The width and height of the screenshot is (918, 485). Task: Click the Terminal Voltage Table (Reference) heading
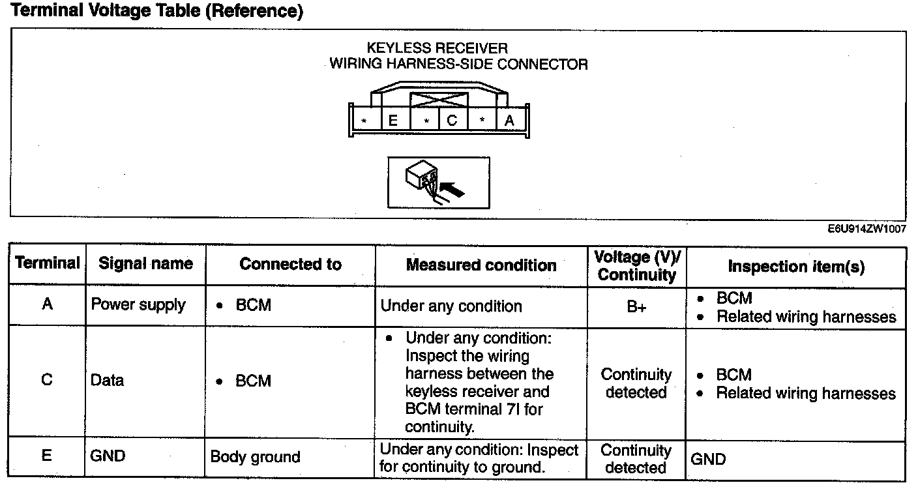pyautogui.click(x=157, y=12)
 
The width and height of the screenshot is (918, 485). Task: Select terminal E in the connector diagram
pyautogui.click(x=393, y=121)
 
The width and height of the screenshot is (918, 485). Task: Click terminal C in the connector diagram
pyautogui.click(x=452, y=121)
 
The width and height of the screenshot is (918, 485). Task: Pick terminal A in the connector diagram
pyautogui.click(x=509, y=121)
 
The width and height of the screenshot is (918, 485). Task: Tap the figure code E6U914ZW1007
pyautogui.click(x=866, y=229)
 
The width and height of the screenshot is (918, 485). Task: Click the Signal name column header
pyautogui.click(x=145, y=264)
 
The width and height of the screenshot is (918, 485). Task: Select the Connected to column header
pyautogui.click(x=290, y=264)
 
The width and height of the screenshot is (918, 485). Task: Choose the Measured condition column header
pyautogui.click(x=481, y=265)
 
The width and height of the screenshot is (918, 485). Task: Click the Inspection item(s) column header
pyautogui.click(x=796, y=267)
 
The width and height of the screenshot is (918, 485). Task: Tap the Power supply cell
pyautogui.click(x=138, y=305)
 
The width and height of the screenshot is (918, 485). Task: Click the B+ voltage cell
pyautogui.click(x=636, y=307)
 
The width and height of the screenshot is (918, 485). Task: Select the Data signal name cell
pyautogui.click(x=108, y=381)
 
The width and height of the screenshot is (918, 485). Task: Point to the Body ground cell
pyautogui.click(x=255, y=457)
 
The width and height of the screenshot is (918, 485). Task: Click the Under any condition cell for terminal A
pyautogui.click(x=451, y=306)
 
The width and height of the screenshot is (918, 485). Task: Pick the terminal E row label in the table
pyautogui.click(x=47, y=455)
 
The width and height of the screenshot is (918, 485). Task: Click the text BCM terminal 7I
pyautogui.click(x=473, y=410)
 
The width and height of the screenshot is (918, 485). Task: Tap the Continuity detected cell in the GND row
pyautogui.click(x=636, y=459)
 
